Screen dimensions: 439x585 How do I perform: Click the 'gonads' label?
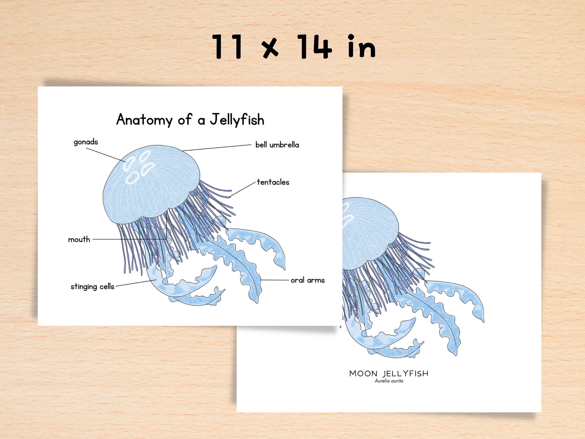tap(86, 142)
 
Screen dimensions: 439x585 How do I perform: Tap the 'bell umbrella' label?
tap(277, 145)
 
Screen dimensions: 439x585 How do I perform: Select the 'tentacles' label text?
tap(273, 182)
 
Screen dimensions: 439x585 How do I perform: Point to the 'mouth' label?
tap(79, 240)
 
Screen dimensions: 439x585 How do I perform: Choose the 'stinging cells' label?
tap(92, 287)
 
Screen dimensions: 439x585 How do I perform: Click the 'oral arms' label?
tap(308, 280)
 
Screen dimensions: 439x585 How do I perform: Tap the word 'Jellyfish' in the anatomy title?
tap(237, 120)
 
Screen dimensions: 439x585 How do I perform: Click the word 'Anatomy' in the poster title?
tap(144, 120)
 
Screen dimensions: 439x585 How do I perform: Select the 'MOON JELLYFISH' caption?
tap(388, 373)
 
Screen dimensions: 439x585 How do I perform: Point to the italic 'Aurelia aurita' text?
tap(389, 381)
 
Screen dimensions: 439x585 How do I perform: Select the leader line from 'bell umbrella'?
tap(217, 148)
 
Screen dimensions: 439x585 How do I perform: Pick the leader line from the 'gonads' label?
tap(106, 155)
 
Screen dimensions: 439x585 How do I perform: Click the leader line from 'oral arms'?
tap(275, 280)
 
